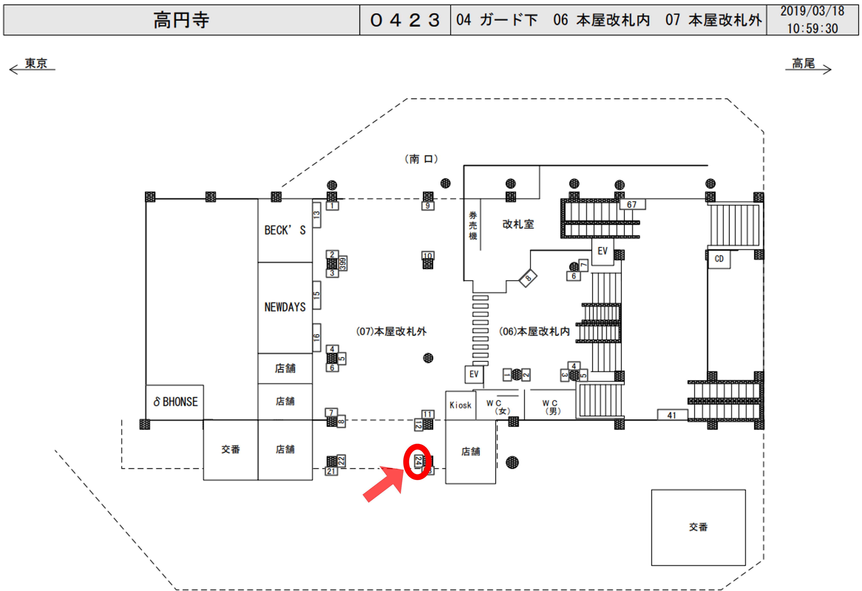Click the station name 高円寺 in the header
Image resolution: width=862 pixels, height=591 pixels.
[x=181, y=20]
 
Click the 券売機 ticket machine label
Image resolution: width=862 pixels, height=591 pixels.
[x=473, y=225]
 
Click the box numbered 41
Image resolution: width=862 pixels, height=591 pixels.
[x=672, y=415]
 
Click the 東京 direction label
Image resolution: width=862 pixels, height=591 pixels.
[x=36, y=63]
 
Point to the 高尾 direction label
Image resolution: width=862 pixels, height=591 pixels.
[x=803, y=63]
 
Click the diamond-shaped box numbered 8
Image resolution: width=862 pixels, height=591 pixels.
[x=528, y=278]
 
